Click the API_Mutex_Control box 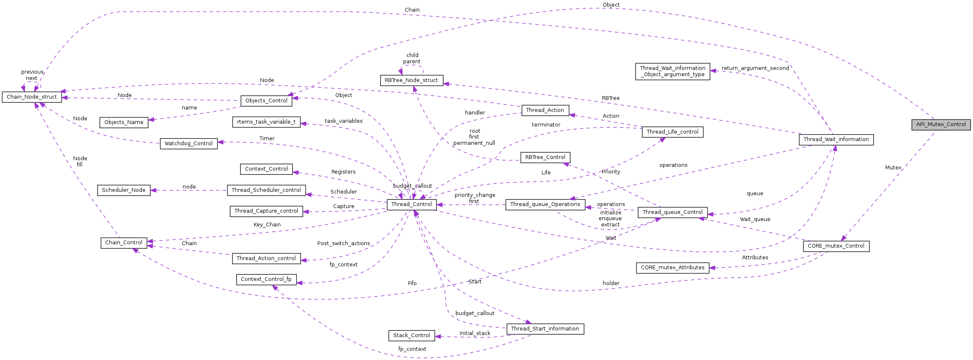point(941,124)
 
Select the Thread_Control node point(411,204)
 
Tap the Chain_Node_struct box point(32,97)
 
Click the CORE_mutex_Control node point(836,246)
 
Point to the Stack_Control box point(411,335)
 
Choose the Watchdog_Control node point(188,144)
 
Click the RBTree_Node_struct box point(411,80)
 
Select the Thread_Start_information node point(545,329)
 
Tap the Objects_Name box point(124,122)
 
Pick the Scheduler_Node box point(124,190)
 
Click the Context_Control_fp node point(266,279)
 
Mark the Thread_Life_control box point(672,132)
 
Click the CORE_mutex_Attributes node point(672,268)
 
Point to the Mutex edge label point(893,168)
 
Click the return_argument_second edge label point(755,68)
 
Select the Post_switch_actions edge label point(344,243)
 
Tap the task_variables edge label point(344,121)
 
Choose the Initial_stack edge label point(475,333)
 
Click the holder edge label point(611,283)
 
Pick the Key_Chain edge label point(267,225)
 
